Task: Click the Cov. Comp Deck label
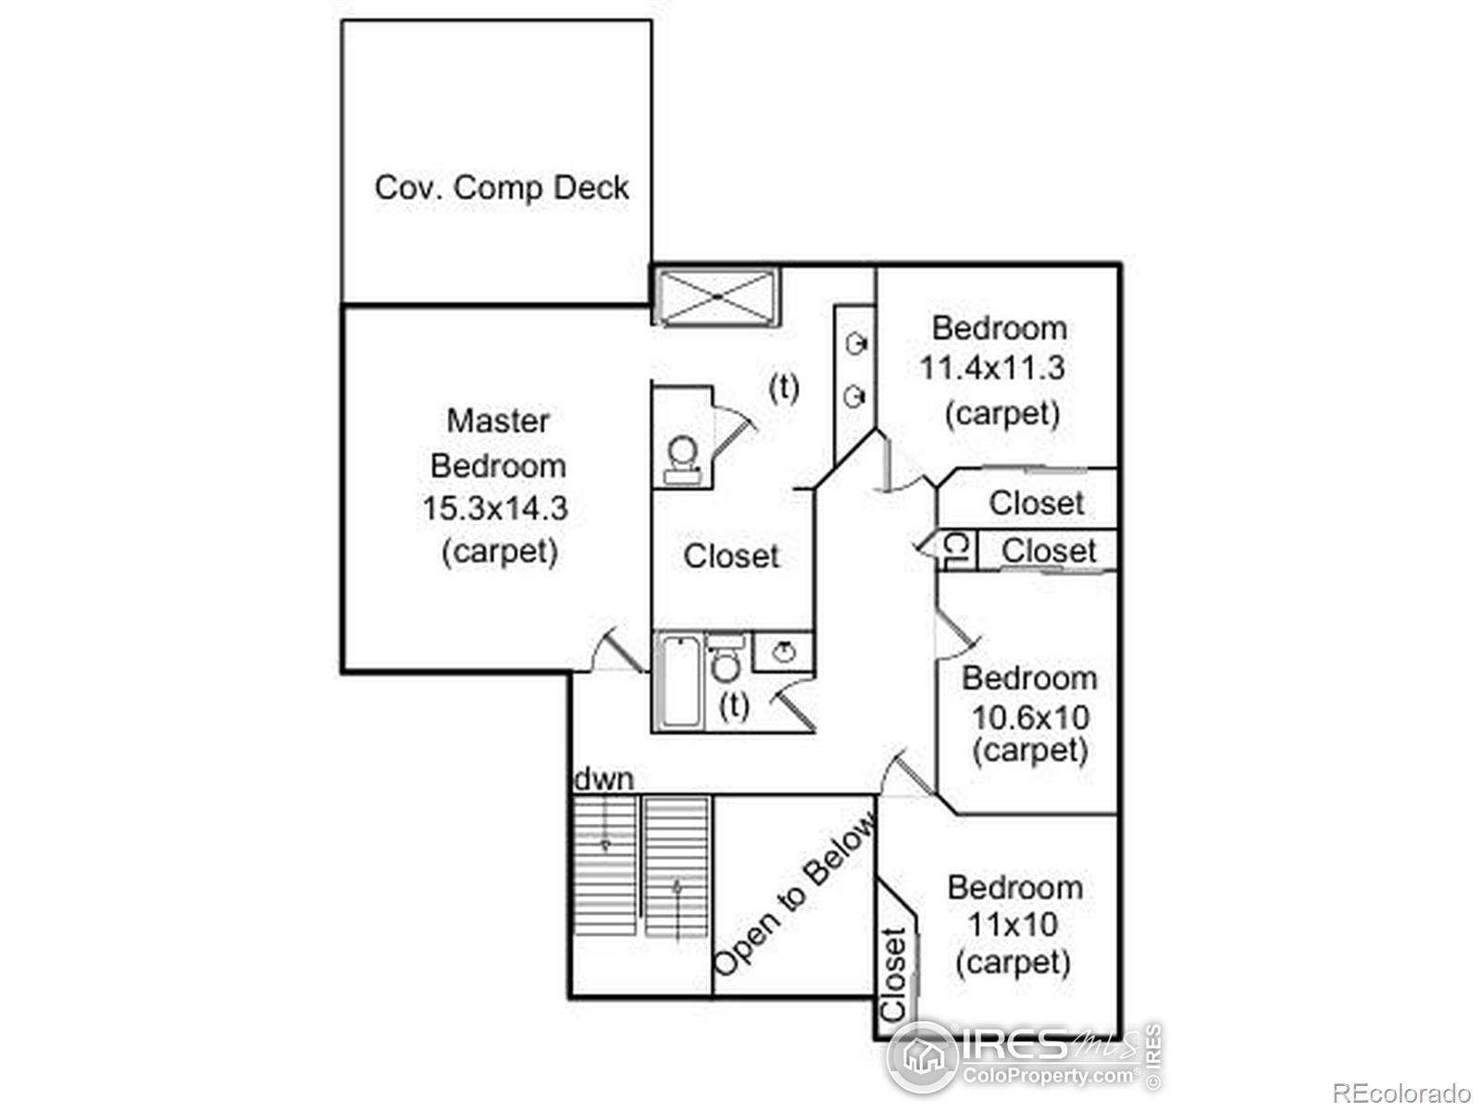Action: (501, 188)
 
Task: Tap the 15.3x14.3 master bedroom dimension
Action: (495, 508)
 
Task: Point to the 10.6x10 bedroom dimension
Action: (1030, 717)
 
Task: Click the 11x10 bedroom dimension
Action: (1013, 924)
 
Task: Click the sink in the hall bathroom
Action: (784, 652)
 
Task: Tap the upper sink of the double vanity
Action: (856, 345)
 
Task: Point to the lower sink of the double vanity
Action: (855, 398)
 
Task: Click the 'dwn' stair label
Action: (604, 780)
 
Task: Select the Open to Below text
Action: (795, 894)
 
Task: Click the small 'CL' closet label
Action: (956, 551)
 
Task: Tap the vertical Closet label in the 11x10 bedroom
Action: (893, 974)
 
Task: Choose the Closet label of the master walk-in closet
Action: (731, 556)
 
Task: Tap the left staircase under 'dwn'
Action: (604, 866)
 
